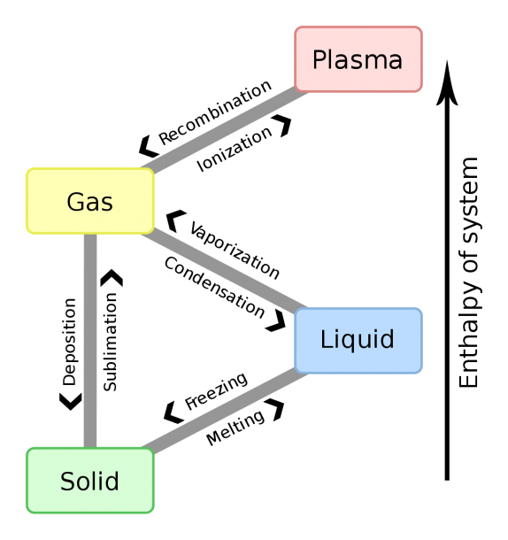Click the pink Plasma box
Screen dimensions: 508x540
coord(358,59)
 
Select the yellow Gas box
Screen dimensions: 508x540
coord(90,201)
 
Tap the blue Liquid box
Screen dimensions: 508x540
coord(358,341)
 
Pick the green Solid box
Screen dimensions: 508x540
coord(90,481)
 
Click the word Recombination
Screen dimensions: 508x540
coord(215,112)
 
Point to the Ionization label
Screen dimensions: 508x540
coord(235,149)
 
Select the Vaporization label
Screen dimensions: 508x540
coord(235,250)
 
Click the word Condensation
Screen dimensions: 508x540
coord(214,287)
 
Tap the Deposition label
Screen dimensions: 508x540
coord(69,342)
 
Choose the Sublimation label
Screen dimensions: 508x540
coord(111,342)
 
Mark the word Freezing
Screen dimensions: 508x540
coord(216,391)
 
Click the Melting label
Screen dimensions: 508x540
coord(235,428)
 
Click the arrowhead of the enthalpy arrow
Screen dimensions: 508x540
coord(447,83)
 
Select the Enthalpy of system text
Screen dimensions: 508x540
coord(469,273)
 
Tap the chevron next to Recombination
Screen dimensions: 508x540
coord(148,146)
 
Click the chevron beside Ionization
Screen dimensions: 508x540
coord(281,126)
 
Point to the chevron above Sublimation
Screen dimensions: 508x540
coord(112,278)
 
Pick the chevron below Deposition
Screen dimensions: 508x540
coord(71,402)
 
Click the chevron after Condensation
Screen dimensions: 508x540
coord(276,321)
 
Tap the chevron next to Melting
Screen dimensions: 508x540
coord(275,410)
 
